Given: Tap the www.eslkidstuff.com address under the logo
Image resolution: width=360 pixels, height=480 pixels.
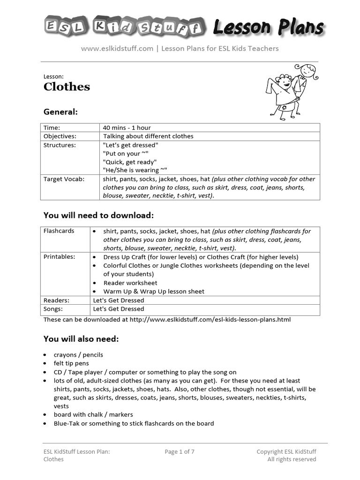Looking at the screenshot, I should click(117, 48).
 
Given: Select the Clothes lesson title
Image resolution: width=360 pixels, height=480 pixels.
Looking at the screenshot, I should click(67, 87).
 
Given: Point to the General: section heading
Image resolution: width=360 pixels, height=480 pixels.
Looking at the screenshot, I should click(60, 112).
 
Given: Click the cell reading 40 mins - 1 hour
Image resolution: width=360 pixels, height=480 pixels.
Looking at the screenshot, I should click(127, 127).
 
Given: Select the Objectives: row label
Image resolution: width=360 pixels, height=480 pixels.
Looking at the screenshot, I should click(60, 136).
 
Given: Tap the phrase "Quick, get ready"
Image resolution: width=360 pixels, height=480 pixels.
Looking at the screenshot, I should click(129, 162).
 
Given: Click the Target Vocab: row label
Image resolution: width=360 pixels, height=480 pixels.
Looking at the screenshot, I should click(64, 179).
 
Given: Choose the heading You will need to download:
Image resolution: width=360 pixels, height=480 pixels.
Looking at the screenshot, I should click(98, 215).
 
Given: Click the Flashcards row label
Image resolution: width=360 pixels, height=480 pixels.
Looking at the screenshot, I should click(59, 231).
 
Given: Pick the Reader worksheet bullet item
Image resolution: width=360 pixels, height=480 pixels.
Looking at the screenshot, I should click(130, 283).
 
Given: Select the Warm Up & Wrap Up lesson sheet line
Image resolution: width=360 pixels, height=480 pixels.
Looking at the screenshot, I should click(154, 292).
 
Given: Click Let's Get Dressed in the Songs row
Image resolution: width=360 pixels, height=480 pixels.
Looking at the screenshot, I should click(119, 309).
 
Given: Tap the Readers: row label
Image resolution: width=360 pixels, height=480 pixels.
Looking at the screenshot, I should click(56, 300).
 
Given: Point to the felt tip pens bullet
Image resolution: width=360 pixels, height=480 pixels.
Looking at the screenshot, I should click(71, 363).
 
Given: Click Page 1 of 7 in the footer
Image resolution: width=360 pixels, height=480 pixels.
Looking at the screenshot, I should click(180, 452).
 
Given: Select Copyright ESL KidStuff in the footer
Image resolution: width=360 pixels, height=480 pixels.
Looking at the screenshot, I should click(286, 452).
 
